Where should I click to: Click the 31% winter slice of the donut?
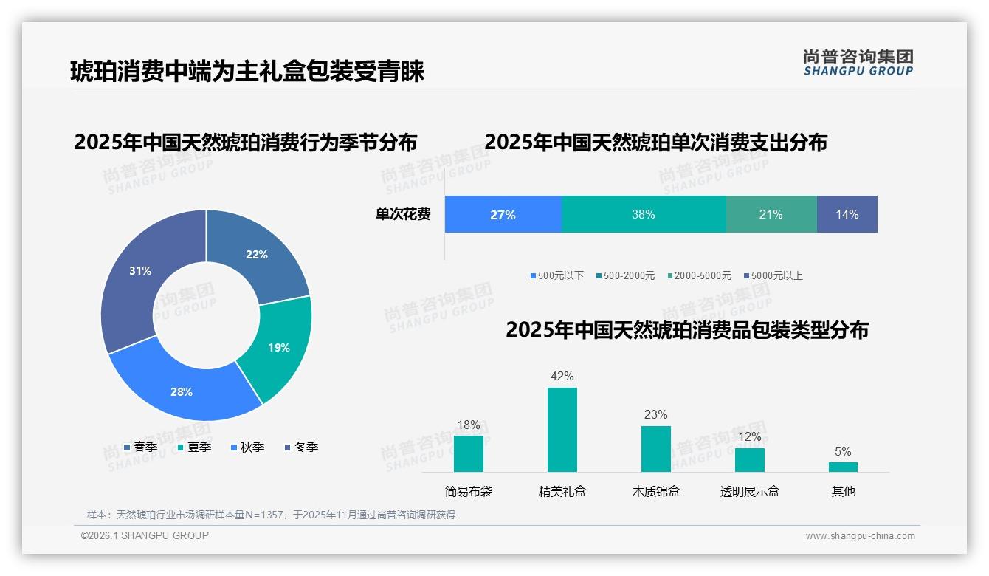tap(137, 273)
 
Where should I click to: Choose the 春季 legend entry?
tap(140, 448)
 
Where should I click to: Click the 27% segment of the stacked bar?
tap(503, 215)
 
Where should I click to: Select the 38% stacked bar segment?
tap(644, 215)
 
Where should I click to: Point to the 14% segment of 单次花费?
tap(847, 215)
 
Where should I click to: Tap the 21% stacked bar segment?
tap(771, 215)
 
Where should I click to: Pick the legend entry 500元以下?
tap(556, 276)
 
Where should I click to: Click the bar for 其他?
tap(843, 467)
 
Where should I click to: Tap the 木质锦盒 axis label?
tap(655, 492)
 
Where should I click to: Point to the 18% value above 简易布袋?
tap(469, 425)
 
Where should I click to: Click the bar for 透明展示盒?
tap(749, 459)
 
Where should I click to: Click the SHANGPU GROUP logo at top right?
tap(858, 63)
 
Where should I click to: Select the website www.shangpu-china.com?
tap(860, 536)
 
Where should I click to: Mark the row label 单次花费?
tap(403, 215)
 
